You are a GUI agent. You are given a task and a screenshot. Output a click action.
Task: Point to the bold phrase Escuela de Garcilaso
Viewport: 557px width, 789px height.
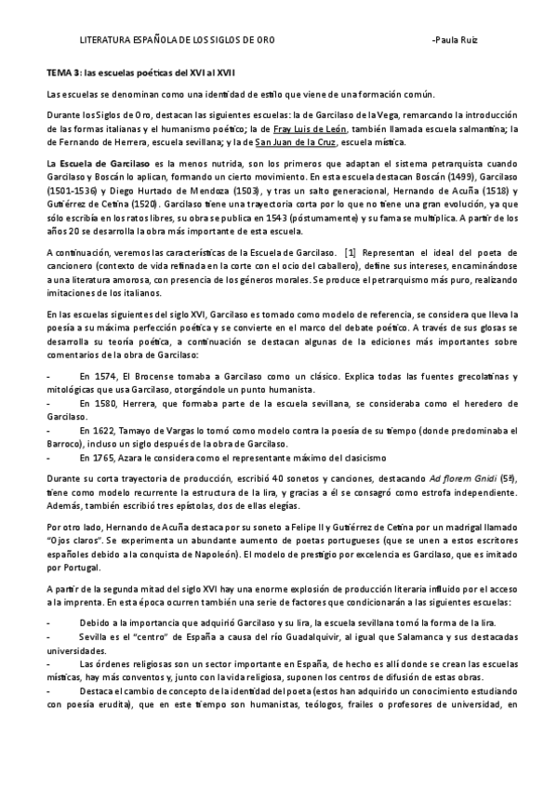coord(99,163)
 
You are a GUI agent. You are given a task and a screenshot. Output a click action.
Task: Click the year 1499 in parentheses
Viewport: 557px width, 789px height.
coord(448,176)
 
